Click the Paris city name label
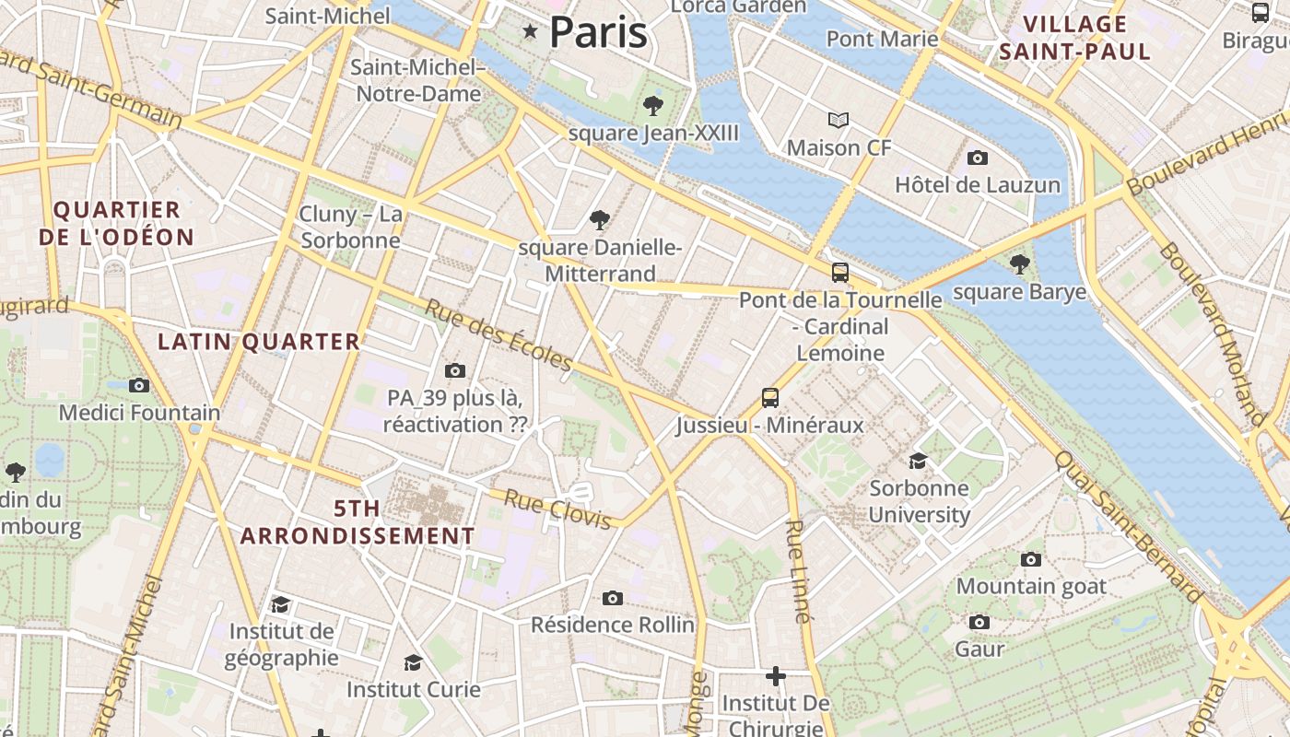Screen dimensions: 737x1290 pyautogui.click(x=598, y=32)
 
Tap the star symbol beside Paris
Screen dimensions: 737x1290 pyautogui.click(x=530, y=32)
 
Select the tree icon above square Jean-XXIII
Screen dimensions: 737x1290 pyautogui.click(x=653, y=105)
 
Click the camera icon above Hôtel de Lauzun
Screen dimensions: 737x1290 pyautogui.click(x=978, y=158)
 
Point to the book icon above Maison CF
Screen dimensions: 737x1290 pyautogui.click(x=838, y=120)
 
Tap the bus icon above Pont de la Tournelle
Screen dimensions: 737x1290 pyautogui.click(x=840, y=272)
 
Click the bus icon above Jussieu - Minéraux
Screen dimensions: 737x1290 pyautogui.click(x=770, y=397)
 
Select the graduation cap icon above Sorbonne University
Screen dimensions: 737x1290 pyautogui.click(x=919, y=461)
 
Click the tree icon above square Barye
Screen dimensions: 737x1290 pyautogui.click(x=1019, y=264)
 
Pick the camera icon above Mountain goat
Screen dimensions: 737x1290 pyautogui.click(x=1031, y=559)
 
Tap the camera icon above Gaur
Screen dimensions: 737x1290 pyautogui.click(x=979, y=622)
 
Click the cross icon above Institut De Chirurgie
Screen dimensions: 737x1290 pyautogui.click(x=776, y=676)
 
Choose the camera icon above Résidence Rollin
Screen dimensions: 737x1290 pyautogui.click(x=613, y=598)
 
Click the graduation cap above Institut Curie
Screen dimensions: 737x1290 pyautogui.click(x=414, y=662)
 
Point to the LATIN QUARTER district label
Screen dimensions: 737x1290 pyautogui.click(x=259, y=342)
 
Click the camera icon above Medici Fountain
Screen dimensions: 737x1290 pyautogui.click(x=139, y=385)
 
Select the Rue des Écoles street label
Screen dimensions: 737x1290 pyautogui.click(x=498, y=335)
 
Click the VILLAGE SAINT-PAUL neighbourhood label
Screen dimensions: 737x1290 pyautogui.click(x=1075, y=38)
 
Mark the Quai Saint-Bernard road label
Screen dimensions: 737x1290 pyautogui.click(x=1128, y=526)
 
